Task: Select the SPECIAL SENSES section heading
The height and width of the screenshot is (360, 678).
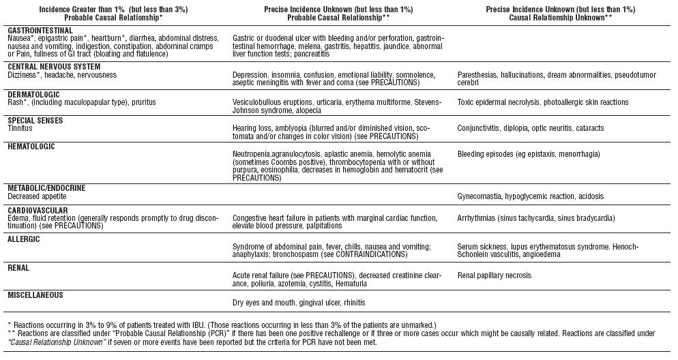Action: tap(35, 121)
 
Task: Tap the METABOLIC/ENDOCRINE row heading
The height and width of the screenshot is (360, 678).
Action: tap(46, 187)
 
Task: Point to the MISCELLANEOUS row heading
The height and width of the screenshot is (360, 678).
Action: tap(35, 295)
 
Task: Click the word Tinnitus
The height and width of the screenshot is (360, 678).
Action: tap(20, 128)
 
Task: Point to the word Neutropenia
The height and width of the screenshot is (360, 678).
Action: tap(253, 154)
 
